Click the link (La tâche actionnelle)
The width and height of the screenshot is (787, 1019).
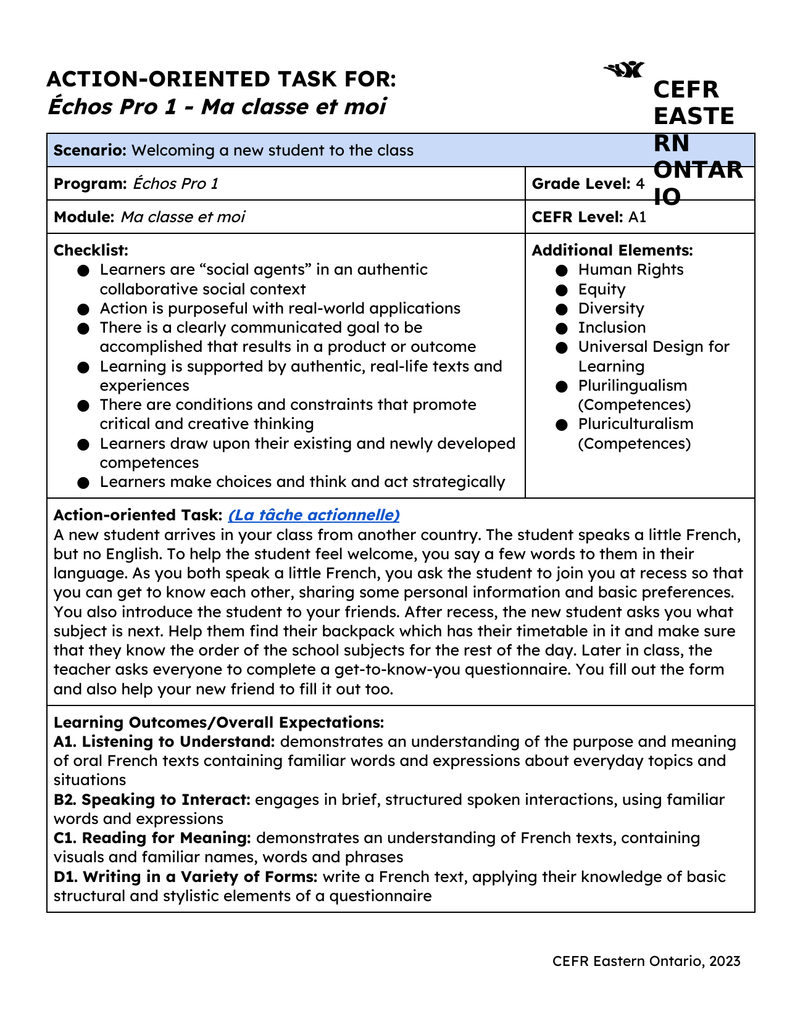coord(314,515)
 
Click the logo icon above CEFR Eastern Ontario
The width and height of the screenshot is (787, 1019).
coord(623,70)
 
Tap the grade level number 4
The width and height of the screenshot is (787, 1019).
coord(640,184)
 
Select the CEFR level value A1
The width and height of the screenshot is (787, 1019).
coord(637,217)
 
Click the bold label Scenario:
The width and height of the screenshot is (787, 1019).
coord(90,151)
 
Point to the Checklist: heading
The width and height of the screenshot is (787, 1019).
coord(91,251)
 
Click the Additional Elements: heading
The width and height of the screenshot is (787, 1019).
coord(612,251)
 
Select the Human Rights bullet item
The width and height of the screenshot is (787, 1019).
coord(630,270)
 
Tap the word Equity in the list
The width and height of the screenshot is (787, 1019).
coord(601,289)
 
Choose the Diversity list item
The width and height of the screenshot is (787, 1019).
coord(610,309)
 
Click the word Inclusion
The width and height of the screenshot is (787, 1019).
coord(612,328)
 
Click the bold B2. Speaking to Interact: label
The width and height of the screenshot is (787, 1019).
coord(152,800)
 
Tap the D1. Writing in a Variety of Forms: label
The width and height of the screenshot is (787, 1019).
coord(185,877)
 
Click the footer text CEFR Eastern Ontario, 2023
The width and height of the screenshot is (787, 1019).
coord(646,961)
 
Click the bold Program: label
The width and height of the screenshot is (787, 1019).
coord(90,184)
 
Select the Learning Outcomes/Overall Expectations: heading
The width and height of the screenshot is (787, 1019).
coord(219,722)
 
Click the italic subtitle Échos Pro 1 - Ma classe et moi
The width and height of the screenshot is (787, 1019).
coord(217,107)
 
